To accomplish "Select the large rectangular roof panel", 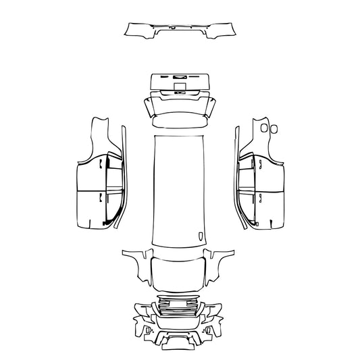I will click(x=179, y=189).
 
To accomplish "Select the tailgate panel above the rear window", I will click(x=179, y=83).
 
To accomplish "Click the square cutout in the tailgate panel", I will click(x=180, y=86).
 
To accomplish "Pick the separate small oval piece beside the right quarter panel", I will click(x=275, y=128).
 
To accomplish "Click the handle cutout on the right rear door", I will click(x=259, y=164).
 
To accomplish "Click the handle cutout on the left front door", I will click(x=101, y=197).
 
